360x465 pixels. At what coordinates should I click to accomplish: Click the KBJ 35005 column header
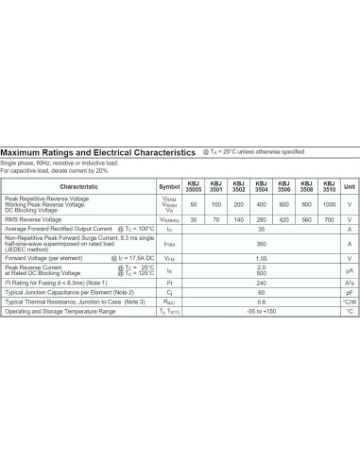[194, 187]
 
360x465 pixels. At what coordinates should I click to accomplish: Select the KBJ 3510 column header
[329, 187]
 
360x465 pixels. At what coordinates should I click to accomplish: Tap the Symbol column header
[169, 187]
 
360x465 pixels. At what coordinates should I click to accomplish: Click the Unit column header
[350, 187]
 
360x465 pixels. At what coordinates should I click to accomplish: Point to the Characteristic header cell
[78, 187]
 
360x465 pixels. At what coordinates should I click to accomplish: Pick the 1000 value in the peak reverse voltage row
[329, 204]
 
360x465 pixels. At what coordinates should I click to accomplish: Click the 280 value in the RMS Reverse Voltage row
[261, 219]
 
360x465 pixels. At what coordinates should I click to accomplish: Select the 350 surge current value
[261, 243]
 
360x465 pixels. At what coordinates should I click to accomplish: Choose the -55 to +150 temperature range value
[261, 311]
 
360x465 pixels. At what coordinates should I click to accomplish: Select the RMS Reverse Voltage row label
[36, 219]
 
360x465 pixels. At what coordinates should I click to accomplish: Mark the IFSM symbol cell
[169, 243]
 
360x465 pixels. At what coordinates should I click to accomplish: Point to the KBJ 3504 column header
[261, 187]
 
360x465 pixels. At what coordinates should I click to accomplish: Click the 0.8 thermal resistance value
[261, 301]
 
